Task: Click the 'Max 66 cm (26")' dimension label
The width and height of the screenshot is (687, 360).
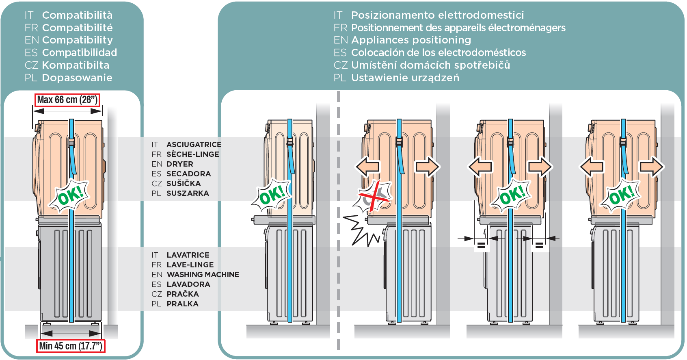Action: pos(67,100)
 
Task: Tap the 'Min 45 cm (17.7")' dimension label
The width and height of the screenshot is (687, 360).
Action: pos(71,346)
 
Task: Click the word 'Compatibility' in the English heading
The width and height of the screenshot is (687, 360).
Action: pos(77,40)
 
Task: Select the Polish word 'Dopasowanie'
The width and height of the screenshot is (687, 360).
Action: pos(77,78)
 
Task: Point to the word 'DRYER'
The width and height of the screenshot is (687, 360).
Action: pos(180,164)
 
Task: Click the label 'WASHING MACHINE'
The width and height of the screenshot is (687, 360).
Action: pos(203,275)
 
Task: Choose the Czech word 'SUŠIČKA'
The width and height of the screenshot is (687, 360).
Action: pos(184,184)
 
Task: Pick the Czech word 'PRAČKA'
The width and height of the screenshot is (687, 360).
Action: pos(183,294)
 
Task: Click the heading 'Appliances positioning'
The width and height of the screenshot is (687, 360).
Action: pos(411,40)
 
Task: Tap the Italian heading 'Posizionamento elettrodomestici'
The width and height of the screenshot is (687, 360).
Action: pos(437,15)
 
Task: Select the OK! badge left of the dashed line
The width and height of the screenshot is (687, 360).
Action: pos(271,195)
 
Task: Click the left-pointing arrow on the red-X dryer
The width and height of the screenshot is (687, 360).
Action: pos(367,167)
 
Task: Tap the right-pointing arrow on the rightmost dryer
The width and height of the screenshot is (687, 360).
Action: pos(651,167)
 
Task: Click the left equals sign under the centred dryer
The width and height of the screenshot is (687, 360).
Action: pos(481,245)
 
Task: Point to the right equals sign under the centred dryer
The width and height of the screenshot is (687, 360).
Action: pos(539,245)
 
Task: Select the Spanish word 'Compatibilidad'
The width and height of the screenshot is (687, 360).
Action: pos(80,53)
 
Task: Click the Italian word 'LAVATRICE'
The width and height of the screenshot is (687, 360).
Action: pos(188,255)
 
